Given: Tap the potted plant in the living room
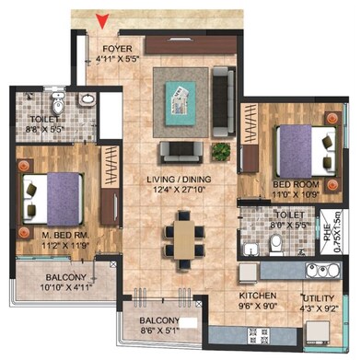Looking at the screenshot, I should (220, 149).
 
